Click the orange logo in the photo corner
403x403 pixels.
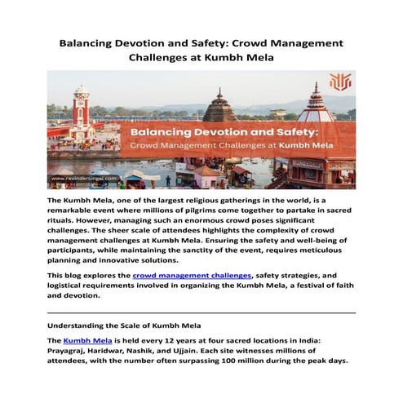point(339,83)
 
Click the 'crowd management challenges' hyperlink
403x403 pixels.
point(199,277)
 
